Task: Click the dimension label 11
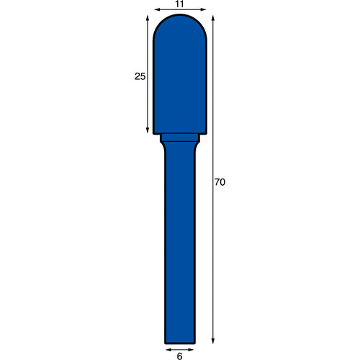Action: pyautogui.click(x=179, y=4)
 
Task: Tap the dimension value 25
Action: pyautogui.click(x=140, y=76)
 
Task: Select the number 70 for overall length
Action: pyautogui.click(x=220, y=182)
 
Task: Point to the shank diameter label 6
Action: pyautogui.click(x=179, y=356)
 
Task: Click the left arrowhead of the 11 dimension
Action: pyautogui.click(x=157, y=9)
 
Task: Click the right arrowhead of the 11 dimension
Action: pyautogui.click(x=203, y=9)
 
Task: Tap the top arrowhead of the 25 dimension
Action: pyautogui.click(x=148, y=19)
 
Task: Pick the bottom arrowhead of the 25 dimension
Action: pyautogui.click(x=148, y=130)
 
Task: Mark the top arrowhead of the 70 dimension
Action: pyautogui.click(x=213, y=19)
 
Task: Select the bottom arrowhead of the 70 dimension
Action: pyautogui.click(x=213, y=341)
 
